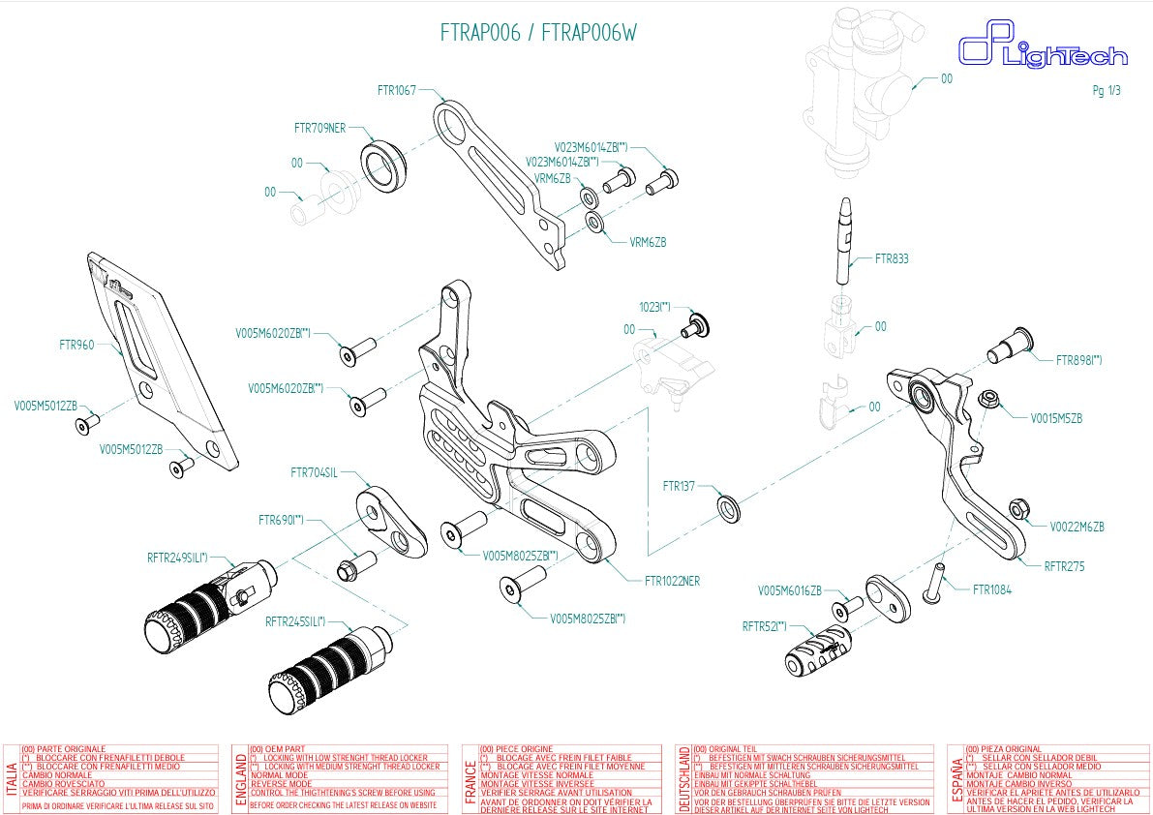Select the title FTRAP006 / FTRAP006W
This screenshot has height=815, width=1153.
click(538, 33)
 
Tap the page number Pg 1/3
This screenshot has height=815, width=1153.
click(1106, 90)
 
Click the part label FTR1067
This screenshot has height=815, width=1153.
click(396, 90)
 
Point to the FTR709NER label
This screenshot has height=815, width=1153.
click(319, 128)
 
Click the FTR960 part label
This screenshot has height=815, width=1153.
click(76, 344)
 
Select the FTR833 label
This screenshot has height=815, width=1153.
click(892, 259)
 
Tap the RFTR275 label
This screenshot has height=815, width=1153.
click(1064, 567)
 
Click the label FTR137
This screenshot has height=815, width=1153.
click(679, 486)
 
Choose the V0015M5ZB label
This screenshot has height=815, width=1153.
click(1056, 419)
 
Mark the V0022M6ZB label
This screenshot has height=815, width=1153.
click(1077, 528)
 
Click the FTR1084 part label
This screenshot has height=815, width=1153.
click(991, 589)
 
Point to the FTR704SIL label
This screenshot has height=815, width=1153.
click(314, 473)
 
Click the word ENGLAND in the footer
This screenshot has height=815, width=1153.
click(240, 779)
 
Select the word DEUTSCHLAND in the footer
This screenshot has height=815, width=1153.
click(684, 779)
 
